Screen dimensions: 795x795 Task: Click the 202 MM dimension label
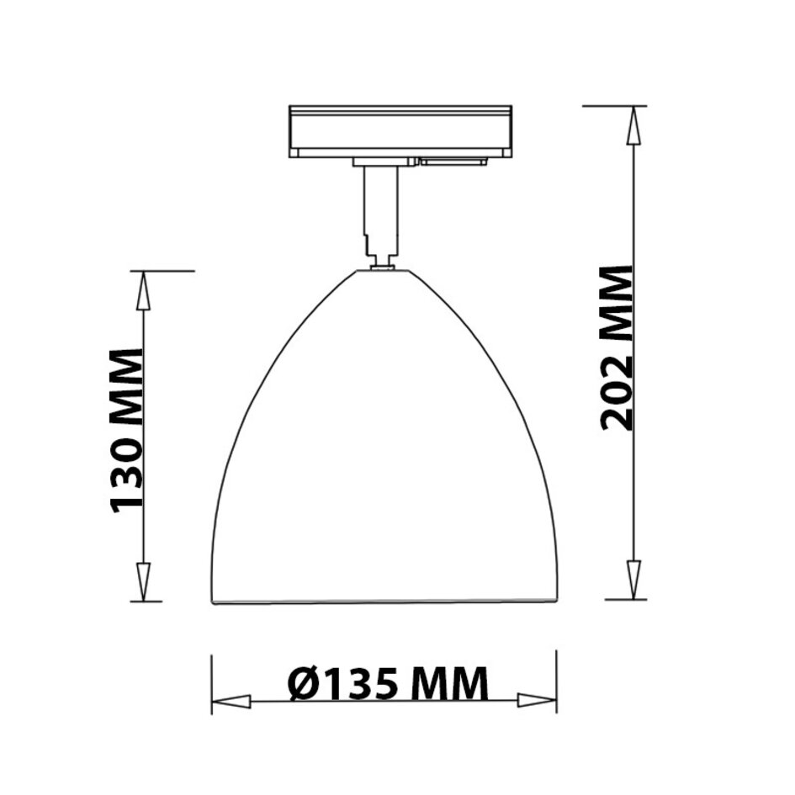pyautogui.click(x=617, y=348)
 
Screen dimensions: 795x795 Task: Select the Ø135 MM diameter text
pyautogui.click(x=388, y=683)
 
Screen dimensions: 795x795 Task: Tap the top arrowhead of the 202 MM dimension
pyautogui.click(x=633, y=126)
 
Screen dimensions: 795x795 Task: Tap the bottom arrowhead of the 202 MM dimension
pyautogui.click(x=633, y=580)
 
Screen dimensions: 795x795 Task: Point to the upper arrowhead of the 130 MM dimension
pyautogui.click(x=144, y=290)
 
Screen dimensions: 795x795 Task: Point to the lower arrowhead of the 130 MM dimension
pyautogui.click(x=145, y=581)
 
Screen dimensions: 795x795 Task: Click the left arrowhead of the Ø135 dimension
pyautogui.click(x=231, y=702)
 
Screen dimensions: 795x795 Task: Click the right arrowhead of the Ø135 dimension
pyautogui.click(x=537, y=701)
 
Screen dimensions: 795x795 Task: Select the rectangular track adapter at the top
pyautogui.click(x=400, y=132)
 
